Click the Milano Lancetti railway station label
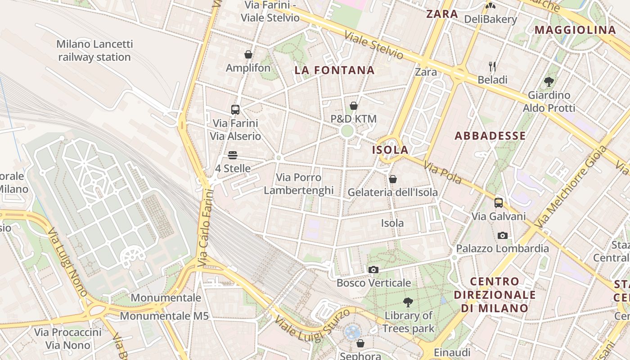click(x=94, y=50)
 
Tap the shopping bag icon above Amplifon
click(x=248, y=55)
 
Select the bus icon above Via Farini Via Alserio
click(x=235, y=109)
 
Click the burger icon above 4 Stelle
click(x=232, y=155)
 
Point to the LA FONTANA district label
click(x=334, y=70)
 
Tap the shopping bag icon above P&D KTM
click(x=354, y=106)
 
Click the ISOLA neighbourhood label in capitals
click(x=390, y=150)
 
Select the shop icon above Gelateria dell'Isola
click(x=393, y=179)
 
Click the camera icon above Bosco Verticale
click(x=373, y=270)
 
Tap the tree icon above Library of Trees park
click(x=408, y=302)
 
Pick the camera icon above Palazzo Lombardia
click(x=502, y=235)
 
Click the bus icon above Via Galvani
click(x=499, y=203)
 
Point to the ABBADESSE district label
click(x=490, y=136)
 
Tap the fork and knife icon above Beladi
click(x=492, y=67)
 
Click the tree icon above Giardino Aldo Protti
click(x=549, y=82)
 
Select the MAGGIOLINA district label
click(x=575, y=30)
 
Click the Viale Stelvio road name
click(x=374, y=45)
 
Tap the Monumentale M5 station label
click(x=164, y=316)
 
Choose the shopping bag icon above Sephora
click(x=360, y=344)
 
